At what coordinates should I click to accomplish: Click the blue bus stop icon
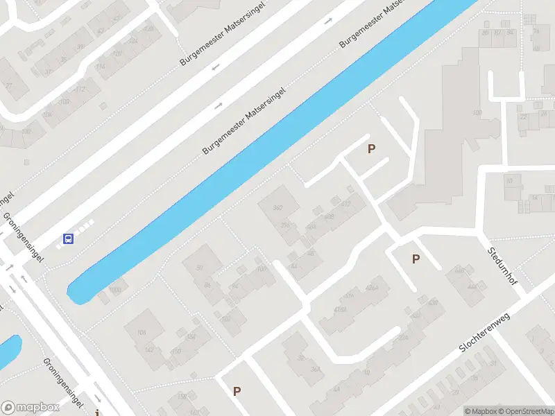(x=69, y=239)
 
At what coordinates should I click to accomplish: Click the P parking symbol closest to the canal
(x=371, y=148)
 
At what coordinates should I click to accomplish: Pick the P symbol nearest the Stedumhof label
(x=416, y=259)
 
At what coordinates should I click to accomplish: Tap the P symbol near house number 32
(x=237, y=392)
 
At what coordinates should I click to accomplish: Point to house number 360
(x=279, y=208)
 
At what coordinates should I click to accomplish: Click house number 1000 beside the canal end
(x=115, y=290)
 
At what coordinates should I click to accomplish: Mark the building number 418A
(x=340, y=310)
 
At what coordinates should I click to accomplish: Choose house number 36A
(x=316, y=370)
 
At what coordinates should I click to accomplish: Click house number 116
(x=101, y=67)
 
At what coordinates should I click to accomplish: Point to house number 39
(x=81, y=47)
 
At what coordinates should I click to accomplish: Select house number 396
(x=284, y=225)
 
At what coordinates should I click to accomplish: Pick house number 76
(x=536, y=31)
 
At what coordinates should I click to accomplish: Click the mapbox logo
(x=30, y=408)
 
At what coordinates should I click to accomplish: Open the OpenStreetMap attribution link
(x=525, y=411)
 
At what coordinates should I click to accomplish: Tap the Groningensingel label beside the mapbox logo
(x=64, y=383)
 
